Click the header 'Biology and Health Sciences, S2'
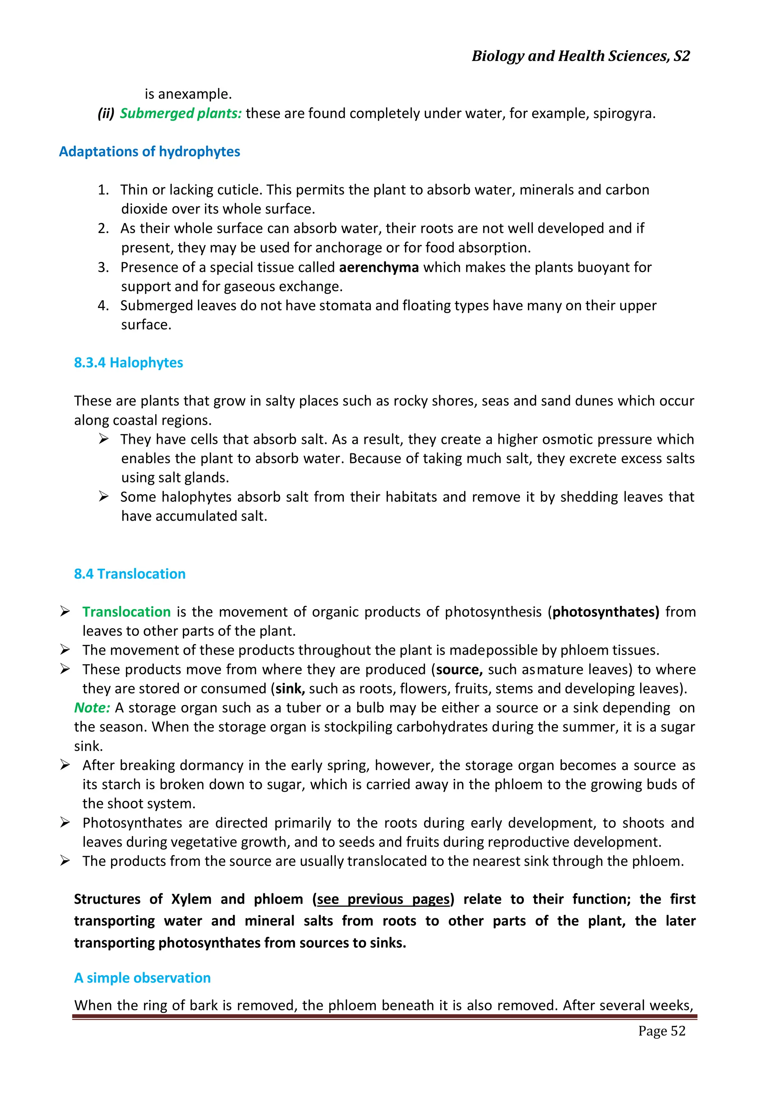580,56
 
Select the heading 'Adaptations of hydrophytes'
149,152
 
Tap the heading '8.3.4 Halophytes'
128,363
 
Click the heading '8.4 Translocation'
129,574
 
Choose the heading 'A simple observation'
142,978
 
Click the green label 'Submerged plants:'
180,114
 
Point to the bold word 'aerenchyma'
378,267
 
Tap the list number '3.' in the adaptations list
103,267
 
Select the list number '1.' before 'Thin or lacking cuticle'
103,190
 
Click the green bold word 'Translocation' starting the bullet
126,612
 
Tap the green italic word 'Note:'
92,708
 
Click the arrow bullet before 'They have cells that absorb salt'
103,439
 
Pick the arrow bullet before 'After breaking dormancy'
65,765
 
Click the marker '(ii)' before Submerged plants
105,114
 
